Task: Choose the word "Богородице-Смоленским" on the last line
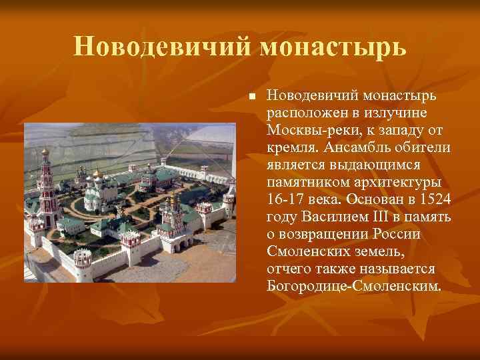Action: pos(353,286)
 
